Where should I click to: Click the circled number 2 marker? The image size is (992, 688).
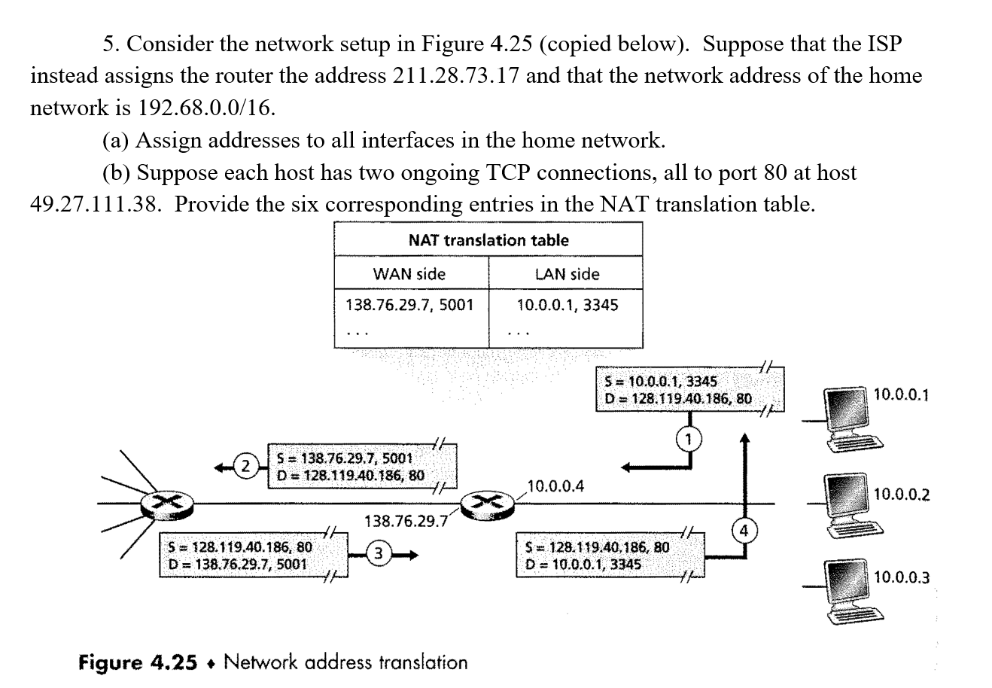(x=245, y=466)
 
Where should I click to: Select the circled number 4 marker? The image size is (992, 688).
(x=744, y=531)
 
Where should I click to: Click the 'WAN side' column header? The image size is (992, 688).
(x=410, y=274)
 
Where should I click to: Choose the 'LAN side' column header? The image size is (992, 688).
(x=567, y=274)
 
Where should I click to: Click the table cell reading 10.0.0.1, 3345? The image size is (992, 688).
(x=567, y=306)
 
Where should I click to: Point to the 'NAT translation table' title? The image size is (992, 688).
(x=488, y=240)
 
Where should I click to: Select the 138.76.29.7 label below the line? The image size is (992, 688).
(x=405, y=520)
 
